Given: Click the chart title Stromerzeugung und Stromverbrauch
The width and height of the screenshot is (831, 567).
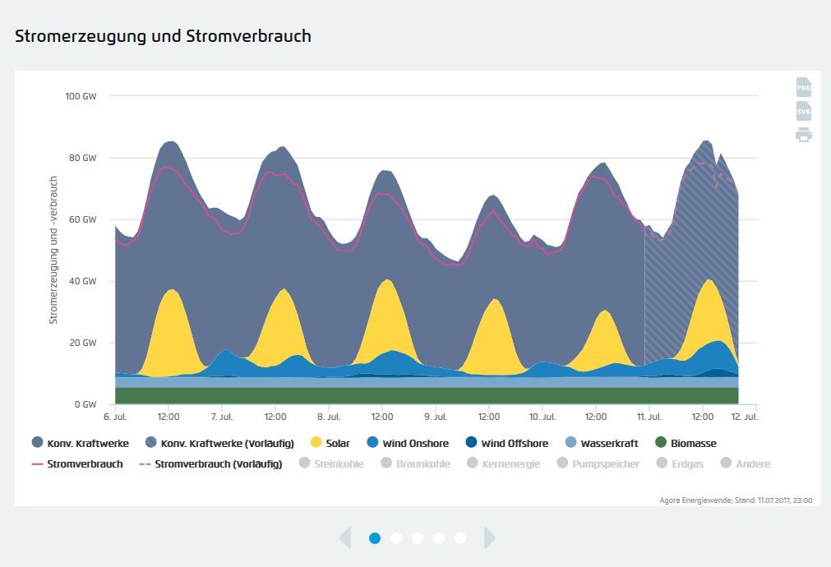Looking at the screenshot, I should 163,36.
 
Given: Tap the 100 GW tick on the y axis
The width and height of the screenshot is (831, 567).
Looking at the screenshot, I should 81,96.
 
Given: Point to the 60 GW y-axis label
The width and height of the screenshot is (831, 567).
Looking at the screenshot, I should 81,219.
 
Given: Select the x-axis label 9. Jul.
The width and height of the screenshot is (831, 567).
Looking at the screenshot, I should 436,417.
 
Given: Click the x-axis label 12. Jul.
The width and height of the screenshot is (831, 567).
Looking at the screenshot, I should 745,417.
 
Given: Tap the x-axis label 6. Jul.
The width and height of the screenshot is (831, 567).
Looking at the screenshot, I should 115,417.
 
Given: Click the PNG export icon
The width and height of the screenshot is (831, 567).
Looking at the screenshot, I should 803,87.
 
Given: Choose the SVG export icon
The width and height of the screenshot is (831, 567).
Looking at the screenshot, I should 803,111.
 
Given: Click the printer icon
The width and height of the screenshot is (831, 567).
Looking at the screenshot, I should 803,135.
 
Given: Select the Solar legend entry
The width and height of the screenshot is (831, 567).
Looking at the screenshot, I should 330,443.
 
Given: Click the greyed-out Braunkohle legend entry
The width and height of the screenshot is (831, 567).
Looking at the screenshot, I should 415,463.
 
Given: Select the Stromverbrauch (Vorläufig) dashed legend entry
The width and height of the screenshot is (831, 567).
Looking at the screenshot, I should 210,463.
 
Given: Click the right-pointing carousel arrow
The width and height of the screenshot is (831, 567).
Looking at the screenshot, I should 490,538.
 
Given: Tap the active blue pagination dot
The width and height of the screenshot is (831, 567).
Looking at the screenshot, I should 375,538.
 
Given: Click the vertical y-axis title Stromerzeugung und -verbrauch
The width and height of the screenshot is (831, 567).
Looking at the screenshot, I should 53,250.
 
